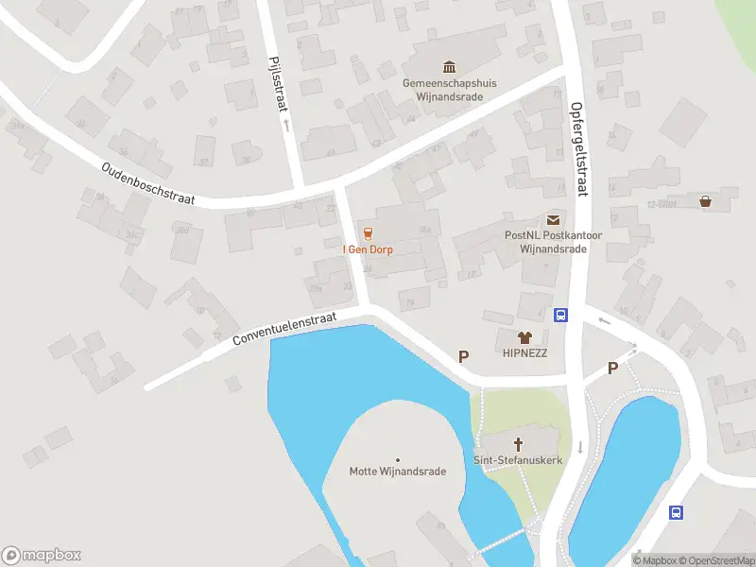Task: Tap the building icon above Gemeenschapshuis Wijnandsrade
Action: pyautogui.click(x=450, y=66)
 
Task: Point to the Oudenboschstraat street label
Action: pyautogui.click(x=147, y=183)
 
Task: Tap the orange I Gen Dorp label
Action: pyautogui.click(x=368, y=249)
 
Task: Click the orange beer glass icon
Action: pyautogui.click(x=368, y=233)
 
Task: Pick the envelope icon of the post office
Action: pyautogui.click(x=553, y=219)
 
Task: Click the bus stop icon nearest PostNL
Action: pyautogui.click(x=560, y=316)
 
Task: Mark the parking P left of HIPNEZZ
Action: pyautogui.click(x=464, y=356)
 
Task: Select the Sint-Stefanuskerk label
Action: pyautogui.click(x=518, y=459)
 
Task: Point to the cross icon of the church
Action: pyautogui.click(x=518, y=443)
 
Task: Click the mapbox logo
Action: pyautogui.click(x=42, y=556)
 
